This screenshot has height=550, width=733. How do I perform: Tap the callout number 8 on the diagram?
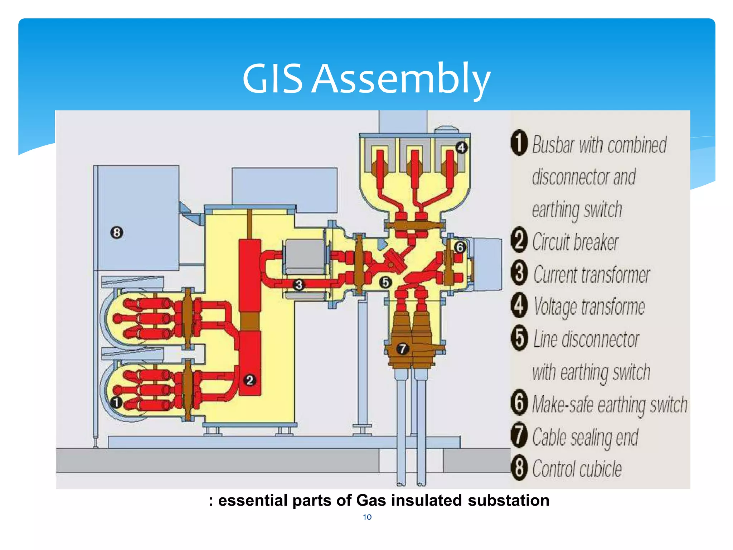(x=117, y=233)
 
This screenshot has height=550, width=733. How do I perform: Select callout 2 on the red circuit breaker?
(x=250, y=380)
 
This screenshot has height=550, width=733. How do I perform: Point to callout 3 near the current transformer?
(x=298, y=285)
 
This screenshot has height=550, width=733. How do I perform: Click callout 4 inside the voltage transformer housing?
(x=461, y=148)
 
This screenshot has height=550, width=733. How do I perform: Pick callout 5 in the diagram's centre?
(x=385, y=283)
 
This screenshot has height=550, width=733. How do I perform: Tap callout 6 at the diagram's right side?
(x=460, y=247)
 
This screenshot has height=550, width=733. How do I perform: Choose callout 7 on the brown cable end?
(x=403, y=348)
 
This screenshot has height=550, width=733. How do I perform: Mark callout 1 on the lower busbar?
(x=116, y=402)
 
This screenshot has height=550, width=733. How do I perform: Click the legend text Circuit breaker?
(x=575, y=242)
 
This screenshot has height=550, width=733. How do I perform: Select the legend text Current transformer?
(x=591, y=275)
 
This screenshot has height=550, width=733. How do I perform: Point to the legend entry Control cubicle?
(x=577, y=469)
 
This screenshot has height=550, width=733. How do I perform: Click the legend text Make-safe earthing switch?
(x=610, y=405)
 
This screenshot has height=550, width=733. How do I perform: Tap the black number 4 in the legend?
(x=519, y=306)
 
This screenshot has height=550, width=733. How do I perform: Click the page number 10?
(x=367, y=517)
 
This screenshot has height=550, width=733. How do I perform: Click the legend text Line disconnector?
(x=586, y=339)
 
